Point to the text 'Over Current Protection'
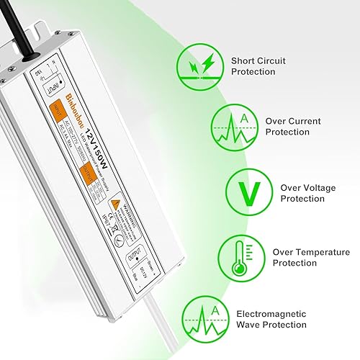click(293, 127)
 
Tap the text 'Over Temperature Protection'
click(311, 258)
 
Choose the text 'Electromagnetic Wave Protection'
click(270, 319)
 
